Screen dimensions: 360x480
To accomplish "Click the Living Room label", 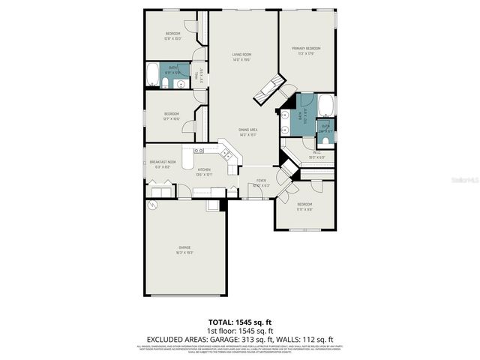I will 241,54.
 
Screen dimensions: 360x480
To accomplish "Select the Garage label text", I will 184,247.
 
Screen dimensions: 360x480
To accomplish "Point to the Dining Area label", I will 247,130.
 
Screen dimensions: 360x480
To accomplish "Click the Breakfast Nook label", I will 162,162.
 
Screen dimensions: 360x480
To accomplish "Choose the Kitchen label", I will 204,170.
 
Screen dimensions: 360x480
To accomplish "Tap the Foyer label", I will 261,181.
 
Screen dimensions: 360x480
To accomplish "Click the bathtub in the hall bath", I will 154,76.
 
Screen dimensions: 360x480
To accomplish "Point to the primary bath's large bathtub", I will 325,106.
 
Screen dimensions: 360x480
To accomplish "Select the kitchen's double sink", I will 226,154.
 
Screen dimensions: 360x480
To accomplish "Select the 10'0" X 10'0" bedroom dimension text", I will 173,39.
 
